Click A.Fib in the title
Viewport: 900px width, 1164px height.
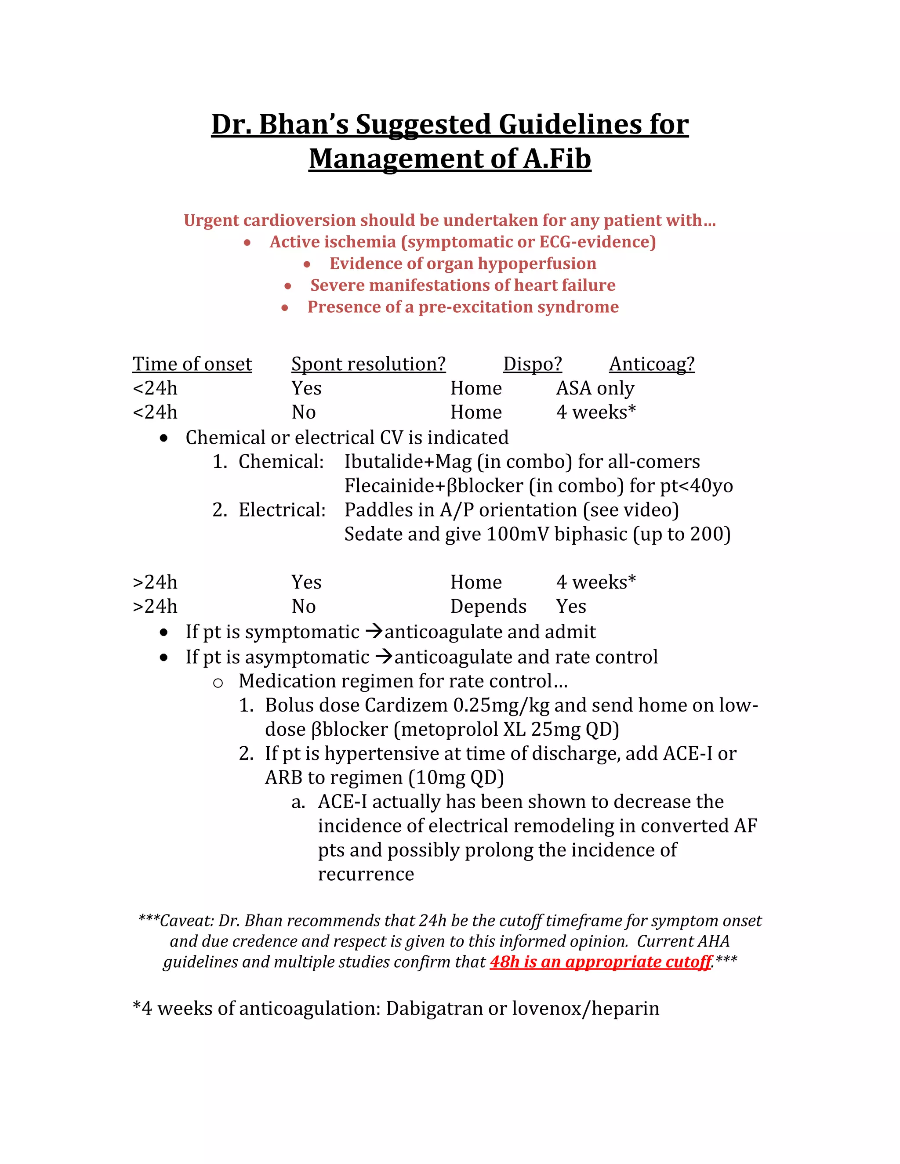click(x=557, y=159)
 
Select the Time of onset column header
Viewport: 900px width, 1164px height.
click(x=192, y=364)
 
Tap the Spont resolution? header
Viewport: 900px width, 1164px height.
click(x=368, y=364)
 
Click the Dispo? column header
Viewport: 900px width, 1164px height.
click(x=533, y=364)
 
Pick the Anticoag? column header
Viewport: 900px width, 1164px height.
click(x=652, y=364)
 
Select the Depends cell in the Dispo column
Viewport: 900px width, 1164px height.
click(x=488, y=607)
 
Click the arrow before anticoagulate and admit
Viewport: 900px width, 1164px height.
click(x=374, y=632)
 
